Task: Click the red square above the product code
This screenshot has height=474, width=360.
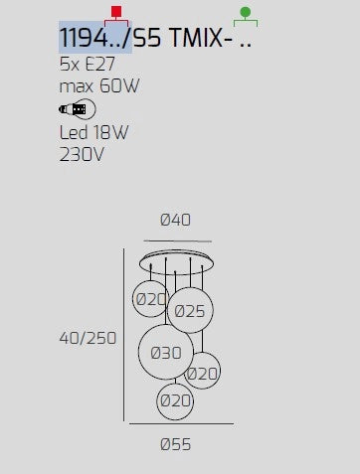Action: [116, 11]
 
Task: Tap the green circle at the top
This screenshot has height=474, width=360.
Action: [246, 12]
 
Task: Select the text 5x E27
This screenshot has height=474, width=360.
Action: [88, 64]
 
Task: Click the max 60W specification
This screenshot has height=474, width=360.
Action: [99, 86]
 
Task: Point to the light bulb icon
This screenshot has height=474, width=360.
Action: [78, 109]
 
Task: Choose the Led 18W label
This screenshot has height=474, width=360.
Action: [93, 132]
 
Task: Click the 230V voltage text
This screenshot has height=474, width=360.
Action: [82, 155]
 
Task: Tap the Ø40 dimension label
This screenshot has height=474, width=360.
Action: [175, 220]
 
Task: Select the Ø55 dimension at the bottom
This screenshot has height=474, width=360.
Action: [175, 444]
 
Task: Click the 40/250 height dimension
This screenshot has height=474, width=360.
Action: [88, 338]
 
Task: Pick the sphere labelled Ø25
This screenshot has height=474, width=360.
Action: [190, 310]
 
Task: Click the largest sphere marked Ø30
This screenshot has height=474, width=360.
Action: [166, 352]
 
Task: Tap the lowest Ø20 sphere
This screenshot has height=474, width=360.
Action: [175, 401]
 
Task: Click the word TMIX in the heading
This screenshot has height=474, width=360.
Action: [196, 38]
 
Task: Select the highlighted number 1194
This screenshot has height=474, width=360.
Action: [84, 38]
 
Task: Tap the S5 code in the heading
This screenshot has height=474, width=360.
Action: [147, 38]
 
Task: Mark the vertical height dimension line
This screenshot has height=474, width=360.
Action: [124, 335]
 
